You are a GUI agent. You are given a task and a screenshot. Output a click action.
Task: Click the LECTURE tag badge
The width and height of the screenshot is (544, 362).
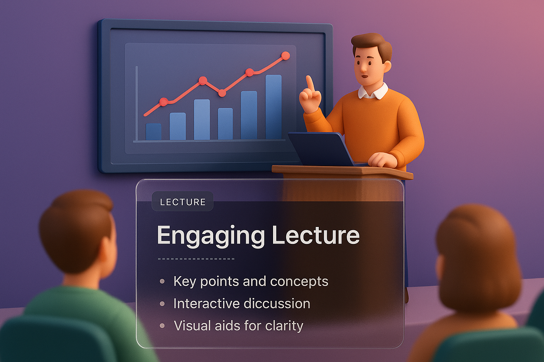coord(182,202)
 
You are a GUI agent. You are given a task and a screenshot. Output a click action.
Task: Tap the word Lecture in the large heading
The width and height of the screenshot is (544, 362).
coord(316,235)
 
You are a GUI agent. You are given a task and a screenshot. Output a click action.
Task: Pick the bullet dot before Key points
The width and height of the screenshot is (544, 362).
coord(162,281)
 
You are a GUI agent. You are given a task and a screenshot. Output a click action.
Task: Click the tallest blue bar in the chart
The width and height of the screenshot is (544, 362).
coord(273,107)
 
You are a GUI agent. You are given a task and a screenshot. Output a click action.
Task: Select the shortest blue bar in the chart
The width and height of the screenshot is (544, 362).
coord(153,132)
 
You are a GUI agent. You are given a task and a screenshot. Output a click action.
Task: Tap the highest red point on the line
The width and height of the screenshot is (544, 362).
coord(285,56)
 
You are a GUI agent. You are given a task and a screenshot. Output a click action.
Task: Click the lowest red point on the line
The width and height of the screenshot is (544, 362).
coord(164,102)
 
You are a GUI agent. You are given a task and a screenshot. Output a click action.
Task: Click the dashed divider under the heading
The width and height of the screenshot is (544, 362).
coord(196,259)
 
